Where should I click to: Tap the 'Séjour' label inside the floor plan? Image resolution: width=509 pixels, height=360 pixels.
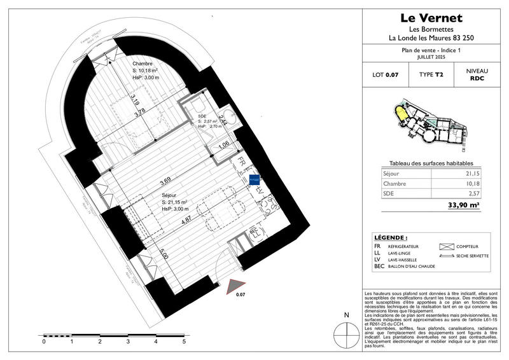169,195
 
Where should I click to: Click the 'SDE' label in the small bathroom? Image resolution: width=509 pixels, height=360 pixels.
202,116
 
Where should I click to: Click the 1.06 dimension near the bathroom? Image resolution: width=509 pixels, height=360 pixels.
223,144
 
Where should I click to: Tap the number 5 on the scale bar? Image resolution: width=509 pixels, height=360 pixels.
184,342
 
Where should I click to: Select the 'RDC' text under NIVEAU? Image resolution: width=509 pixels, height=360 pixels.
477,80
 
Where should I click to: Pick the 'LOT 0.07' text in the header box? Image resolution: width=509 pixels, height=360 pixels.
385,76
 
